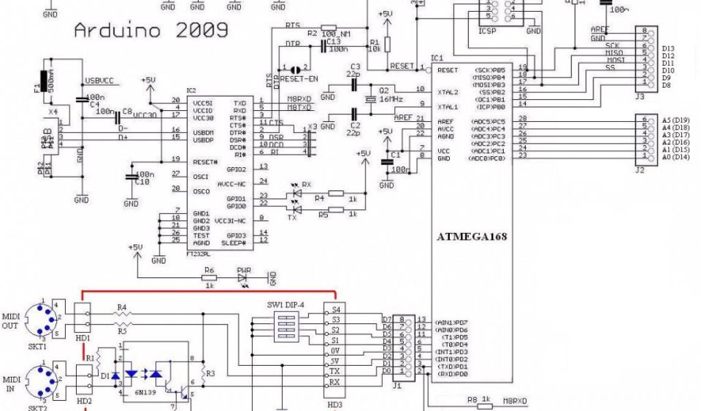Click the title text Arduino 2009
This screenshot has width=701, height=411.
pos(151,31)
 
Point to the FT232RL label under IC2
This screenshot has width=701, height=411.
pos(199,253)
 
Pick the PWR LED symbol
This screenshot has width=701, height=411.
pos(244,277)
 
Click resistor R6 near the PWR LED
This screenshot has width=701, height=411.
pos(209,277)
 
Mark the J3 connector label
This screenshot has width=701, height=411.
pos(640,97)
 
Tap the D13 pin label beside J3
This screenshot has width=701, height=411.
pos(669,48)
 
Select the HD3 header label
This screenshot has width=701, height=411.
pos(335,403)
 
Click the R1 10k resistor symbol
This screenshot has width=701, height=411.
pos(387,45)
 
